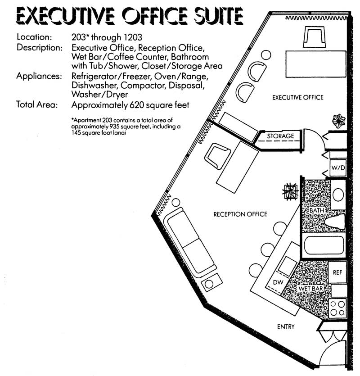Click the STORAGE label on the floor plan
point(280,136)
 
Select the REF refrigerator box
point(337,272)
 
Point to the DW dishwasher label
point(278,282)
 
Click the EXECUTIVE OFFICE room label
point(297,97)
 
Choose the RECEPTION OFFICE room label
point(240,214)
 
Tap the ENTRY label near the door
point(285,326)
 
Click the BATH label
point(316,210)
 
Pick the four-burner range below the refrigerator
point(337,308)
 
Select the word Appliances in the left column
point(39,76)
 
